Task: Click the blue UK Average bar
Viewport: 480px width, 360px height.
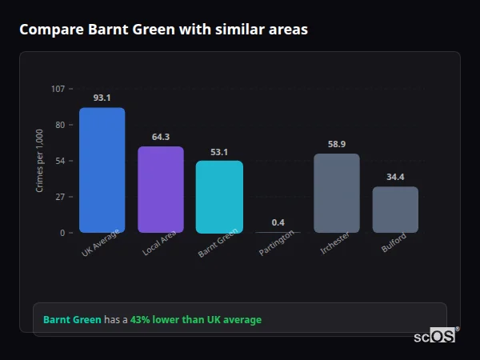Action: click(x=102, y=170)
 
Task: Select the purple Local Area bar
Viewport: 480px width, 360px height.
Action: click(x=161, y=190)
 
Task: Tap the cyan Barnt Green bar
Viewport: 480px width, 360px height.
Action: click(x=219, y=197)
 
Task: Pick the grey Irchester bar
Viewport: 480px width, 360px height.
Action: click(x=337, y=193)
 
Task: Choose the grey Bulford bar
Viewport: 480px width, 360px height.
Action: click(x=395, y=210)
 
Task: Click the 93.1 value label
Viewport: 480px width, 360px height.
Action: click(x=102, y=98)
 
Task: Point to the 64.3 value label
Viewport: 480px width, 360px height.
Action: click(x=161, y=137)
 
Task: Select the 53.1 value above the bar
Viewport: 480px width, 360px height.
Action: click(x=219, y=152)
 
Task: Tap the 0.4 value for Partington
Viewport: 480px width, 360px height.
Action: click(x=278, y=222)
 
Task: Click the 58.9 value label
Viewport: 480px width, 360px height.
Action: click(x=337, y=144)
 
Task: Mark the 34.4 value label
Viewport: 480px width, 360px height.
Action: click(x=395, y=177)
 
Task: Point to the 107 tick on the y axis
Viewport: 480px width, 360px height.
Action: click(x=58, y=89)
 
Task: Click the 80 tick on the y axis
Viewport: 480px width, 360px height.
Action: click(x=60, y=125)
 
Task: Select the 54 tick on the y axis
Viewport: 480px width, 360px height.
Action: click(x=60, y=161)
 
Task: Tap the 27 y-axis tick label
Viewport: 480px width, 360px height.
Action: click(x=60, y=197)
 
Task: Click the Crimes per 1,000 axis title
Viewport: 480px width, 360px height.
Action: click(x=40, y=160)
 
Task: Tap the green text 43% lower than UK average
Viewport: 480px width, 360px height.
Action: click(x=196, y=320)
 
